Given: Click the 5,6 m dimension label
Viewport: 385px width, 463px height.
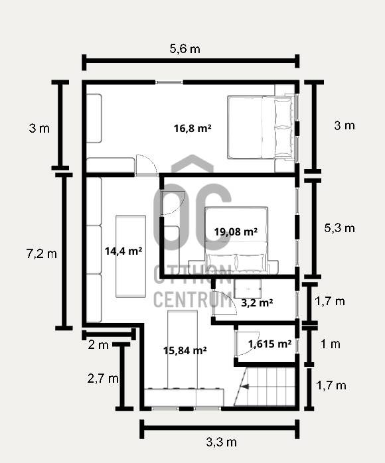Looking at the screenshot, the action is (185, 48).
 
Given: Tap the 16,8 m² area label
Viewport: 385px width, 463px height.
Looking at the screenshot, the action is (193, 129).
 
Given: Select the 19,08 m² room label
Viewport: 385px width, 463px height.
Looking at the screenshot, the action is (236, 231).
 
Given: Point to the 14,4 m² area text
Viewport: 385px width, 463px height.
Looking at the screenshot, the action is (123, 251).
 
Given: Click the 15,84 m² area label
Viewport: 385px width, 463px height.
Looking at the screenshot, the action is (185, 350).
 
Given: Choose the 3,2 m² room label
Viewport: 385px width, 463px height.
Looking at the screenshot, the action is (257, 302).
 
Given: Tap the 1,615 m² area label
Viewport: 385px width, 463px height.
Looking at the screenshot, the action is (269, 344).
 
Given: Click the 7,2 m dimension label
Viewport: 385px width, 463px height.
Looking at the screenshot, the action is (41, 253).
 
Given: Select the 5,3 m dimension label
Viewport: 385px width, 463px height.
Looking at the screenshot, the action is (339, 228).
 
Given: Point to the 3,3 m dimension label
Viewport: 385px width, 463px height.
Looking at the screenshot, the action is (221, 442).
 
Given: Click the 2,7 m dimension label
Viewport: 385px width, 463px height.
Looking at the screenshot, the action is (103, 378).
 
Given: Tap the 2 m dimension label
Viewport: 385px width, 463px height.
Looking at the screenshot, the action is (98, 344).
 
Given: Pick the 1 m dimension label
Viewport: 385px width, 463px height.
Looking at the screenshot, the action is (330, 344).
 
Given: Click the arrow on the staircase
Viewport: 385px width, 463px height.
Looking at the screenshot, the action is (245, 386).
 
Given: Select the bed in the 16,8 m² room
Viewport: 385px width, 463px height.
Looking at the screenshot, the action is (261, 127).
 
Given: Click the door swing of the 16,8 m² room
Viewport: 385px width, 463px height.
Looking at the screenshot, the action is (146, 165).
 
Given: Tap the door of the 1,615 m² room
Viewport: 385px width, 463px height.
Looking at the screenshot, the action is (247, 344).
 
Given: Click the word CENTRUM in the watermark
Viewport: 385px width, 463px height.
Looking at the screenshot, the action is (193, 299).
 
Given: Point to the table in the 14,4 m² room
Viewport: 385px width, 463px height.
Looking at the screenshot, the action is (131, 256).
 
